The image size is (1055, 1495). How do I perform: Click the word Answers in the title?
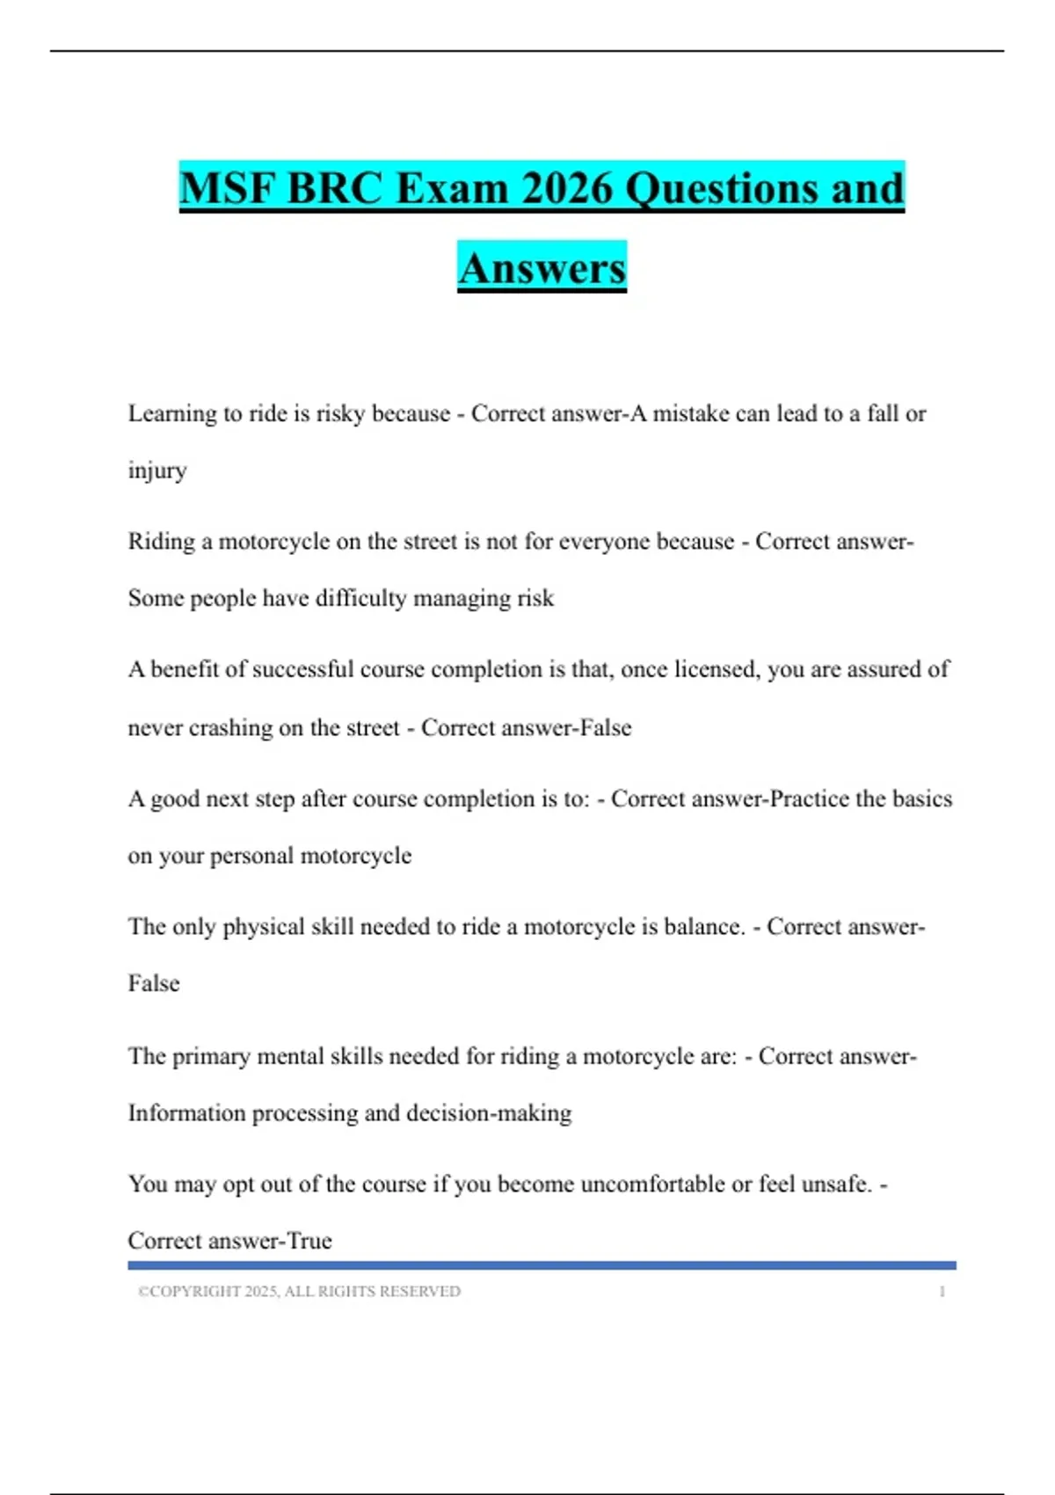pos(542,268)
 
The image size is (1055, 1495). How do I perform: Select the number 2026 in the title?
pos(566,189)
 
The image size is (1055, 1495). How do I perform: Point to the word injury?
pos(157,471)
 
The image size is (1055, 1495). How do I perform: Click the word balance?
pos(703,927)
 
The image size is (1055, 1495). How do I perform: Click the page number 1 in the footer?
pos(942,1292)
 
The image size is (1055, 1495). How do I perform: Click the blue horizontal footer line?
pos(542,1265)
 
